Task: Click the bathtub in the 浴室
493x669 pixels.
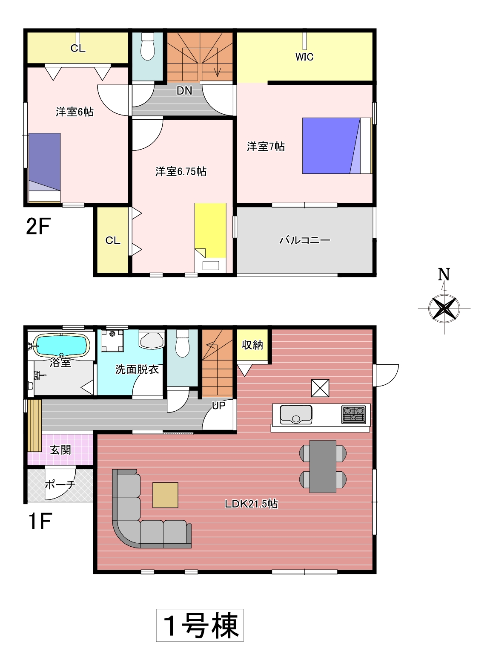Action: pos(61,345)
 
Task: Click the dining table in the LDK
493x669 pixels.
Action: pos(323,467)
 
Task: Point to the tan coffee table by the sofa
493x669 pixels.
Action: pos(165,495)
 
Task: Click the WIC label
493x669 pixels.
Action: pos(304,57)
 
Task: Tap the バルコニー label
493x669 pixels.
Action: pos(305,240)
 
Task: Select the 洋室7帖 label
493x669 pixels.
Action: pos(266,147)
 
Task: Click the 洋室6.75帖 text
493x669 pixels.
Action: pos(181,171)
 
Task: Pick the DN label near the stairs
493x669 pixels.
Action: pos(184,91)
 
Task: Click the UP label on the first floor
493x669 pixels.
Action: pos(218,405)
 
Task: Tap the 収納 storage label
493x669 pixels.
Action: pos(252,345)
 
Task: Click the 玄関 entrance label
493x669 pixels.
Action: pos(60,450)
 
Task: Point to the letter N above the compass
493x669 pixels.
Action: pos(444,274)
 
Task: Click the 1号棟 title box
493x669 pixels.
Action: pos(200,625)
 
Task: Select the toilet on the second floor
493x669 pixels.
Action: pos(147,46)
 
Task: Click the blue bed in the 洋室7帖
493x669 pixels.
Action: pos(337,146)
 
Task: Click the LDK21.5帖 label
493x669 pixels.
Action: pos(251,504)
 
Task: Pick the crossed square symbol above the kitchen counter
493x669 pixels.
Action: pos(320,388)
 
